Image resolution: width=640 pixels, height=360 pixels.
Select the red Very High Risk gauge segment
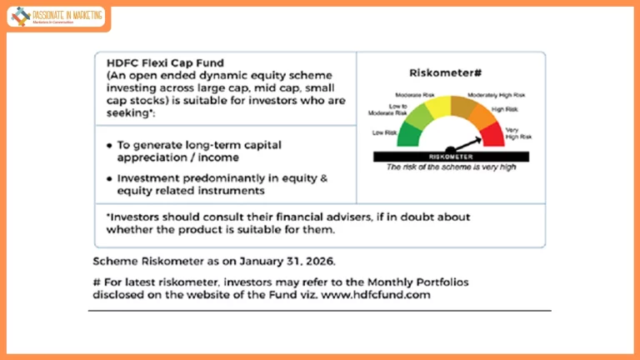[492, 134]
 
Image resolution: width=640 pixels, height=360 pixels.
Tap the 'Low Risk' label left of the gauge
[384, 132]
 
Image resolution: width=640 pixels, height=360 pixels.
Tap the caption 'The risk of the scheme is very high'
[451, 167]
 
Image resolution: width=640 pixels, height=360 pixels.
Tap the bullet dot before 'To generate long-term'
[110, 145]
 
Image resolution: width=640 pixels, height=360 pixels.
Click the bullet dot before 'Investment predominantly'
[110, 177]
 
